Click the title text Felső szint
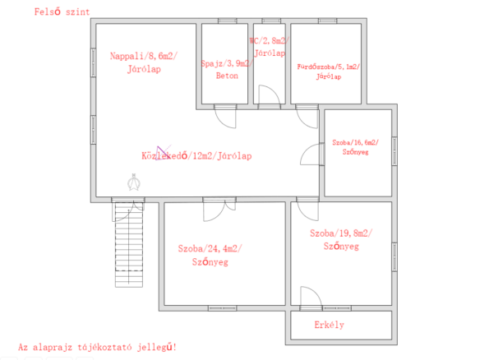pos(62,12)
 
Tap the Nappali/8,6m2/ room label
pos(144,57)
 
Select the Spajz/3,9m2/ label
pos(227,63)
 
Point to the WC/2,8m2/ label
pos(270,41)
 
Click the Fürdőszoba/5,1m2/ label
pos(328,67)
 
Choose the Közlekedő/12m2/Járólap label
pos(196,156)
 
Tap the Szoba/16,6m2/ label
pos(355,142)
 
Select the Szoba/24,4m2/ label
pos(210,248)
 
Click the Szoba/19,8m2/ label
pos(341,233)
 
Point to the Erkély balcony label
pos(329,325)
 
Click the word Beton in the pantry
pos(227,76)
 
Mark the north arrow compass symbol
pos(134,182)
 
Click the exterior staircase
pos(129,245)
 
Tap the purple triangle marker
pos(162,153)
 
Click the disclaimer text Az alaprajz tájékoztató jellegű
pos(97,348)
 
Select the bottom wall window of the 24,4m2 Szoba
pos(222,308)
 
